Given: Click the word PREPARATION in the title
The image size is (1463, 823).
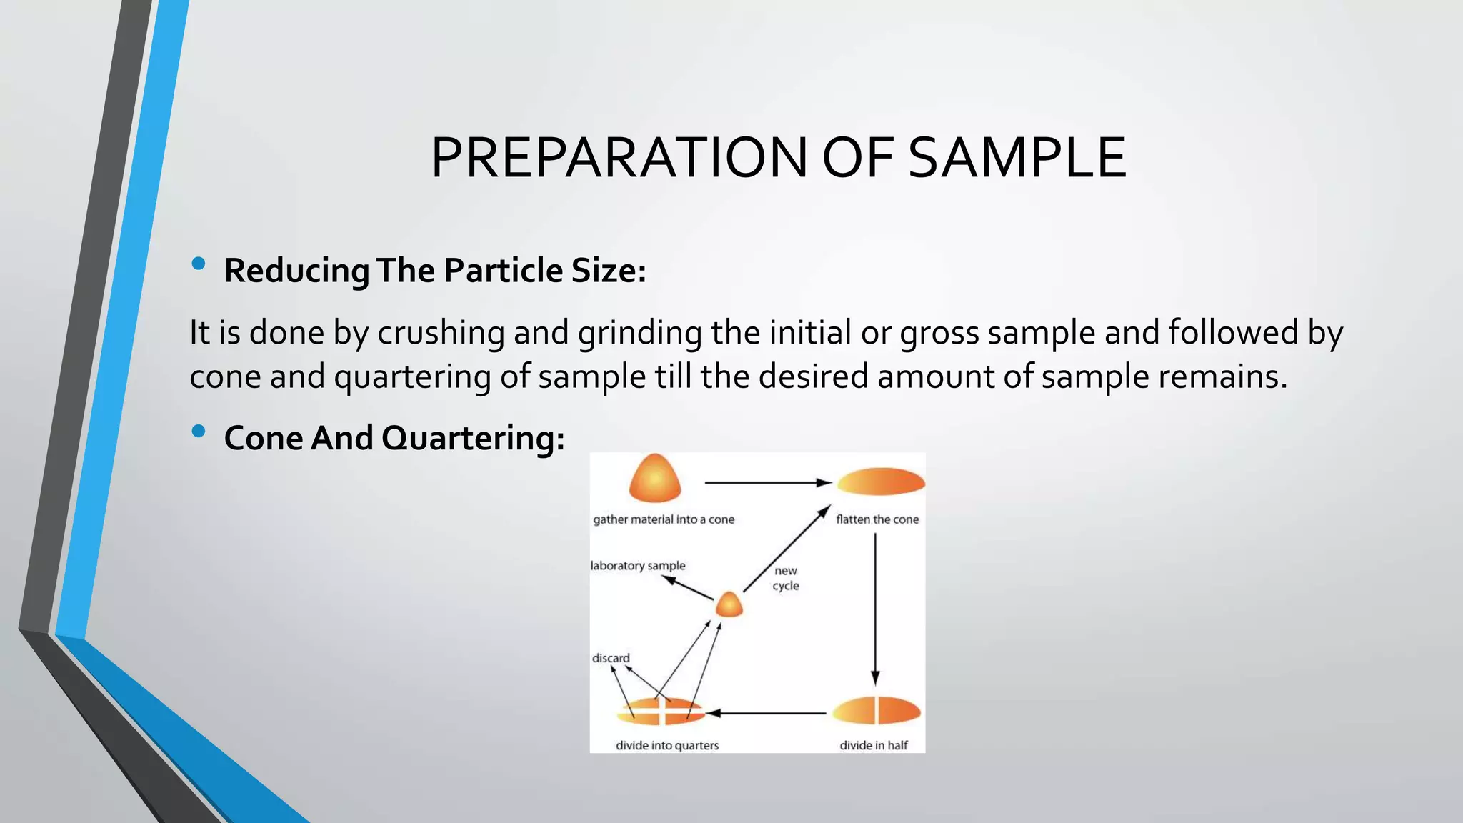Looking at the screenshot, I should pyautogui.click(x=619, y=158).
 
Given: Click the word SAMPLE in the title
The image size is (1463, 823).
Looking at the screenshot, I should pyautogui.click(x=1017, y=158).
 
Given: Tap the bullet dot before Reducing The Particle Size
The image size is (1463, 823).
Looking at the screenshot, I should pyautogui.click(x=199, y=264).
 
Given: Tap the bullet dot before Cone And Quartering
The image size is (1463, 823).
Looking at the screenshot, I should pyautogui.click(x=199, y=431).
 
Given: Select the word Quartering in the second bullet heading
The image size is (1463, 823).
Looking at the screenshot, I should pyautogui.click(x=473, y=438).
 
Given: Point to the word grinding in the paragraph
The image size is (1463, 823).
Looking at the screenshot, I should pyautogui.click(x=639, y=333).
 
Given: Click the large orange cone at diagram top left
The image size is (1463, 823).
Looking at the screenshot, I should pyautogui.click(x=654, y=478).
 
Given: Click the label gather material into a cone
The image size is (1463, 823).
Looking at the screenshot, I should pyautogui.click(x=664, y=519).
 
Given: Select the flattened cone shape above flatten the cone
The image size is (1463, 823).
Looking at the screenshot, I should pyautogui.click(x=881, y=482).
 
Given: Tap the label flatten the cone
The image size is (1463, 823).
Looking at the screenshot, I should pyautogui.click(x=877, y=519).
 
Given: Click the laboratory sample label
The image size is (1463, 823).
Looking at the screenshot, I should pyautogui.click(x=638, y=566).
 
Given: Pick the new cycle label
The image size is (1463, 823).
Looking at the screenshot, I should pyautogui.click(x=786, y=578).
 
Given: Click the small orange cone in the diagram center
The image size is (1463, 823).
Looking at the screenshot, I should pyautogui.click(x=729, y=605).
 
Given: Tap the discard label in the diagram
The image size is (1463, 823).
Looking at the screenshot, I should pyautogui.click(x=611, y=658).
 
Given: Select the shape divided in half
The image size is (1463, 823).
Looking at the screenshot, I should pyautogui.click(x=877, y=711).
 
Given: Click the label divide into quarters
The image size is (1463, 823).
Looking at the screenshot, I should pyautogui.click(x=667, y=745).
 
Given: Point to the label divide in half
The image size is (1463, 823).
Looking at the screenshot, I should pyautogui.click(x=873, y=745).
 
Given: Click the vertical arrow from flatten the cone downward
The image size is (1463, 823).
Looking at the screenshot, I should pyautogui.click(x=875, y=607).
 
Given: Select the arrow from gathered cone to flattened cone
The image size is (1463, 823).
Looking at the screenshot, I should pyautogui.click(x=767, y=483).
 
